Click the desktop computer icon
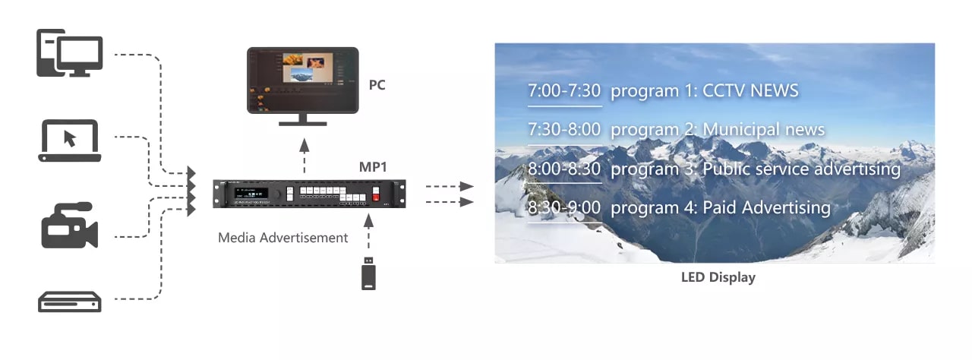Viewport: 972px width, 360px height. [69, 53]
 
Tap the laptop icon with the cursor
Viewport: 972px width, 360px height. [69, 141]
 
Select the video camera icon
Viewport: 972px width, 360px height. [69, 225]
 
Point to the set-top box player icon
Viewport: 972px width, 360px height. [69, 302]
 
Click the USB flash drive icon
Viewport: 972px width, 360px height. [368, 273]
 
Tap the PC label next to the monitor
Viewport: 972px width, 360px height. [377, 84]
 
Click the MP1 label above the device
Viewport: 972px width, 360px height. [372, 166]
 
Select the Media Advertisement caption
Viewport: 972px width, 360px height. [283, 238]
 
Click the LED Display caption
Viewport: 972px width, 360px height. [718, 277]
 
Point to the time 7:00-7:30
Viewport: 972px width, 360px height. [564, 90]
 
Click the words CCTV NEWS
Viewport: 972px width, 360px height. [750, 90]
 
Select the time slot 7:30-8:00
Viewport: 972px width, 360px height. [564, 129]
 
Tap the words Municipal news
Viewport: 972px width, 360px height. [763, 129]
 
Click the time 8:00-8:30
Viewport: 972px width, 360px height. [564, 169]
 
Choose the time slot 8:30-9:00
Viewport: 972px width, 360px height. [564, 207]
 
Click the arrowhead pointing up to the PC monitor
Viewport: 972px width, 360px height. [305, 145]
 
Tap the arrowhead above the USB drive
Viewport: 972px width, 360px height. [368, 221]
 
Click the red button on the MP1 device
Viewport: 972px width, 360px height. [376, 197]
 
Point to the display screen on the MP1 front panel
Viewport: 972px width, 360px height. [251, 194]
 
